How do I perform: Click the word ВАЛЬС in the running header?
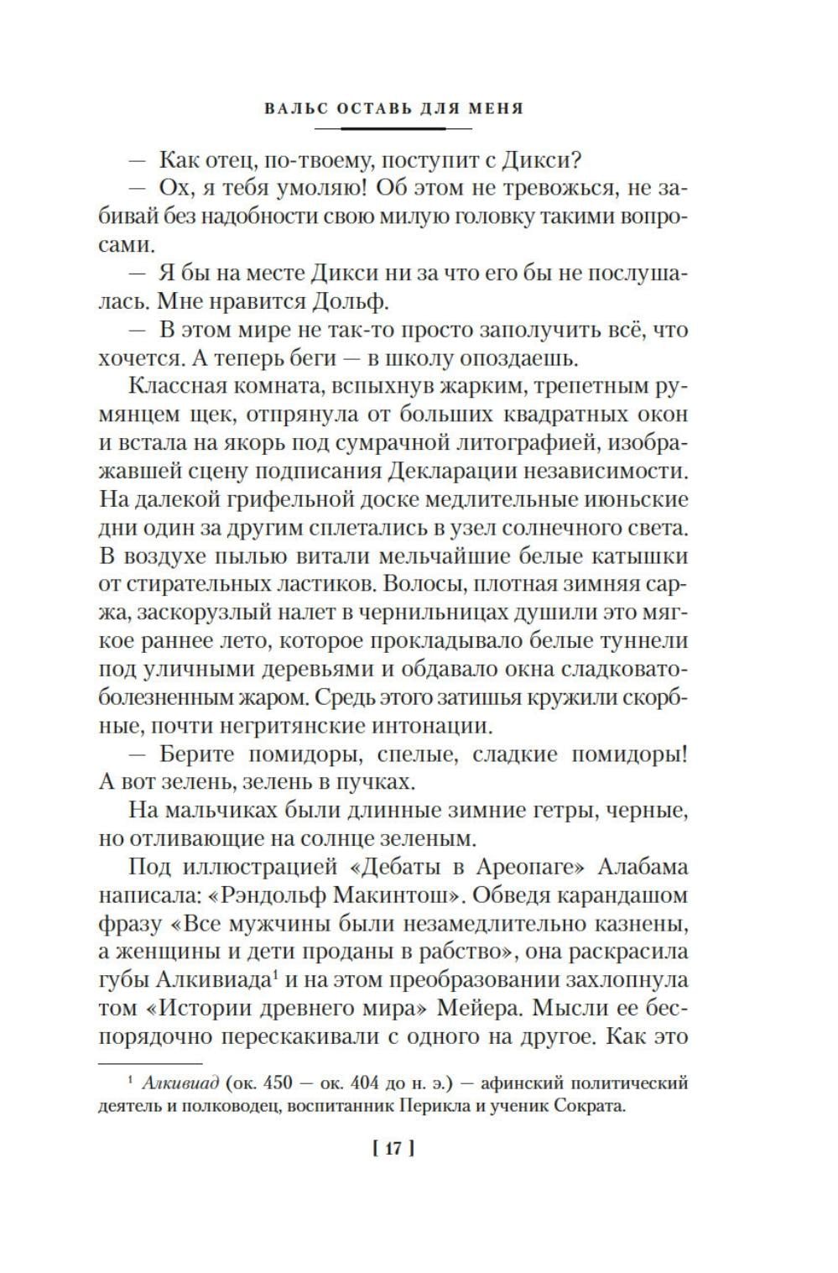289,108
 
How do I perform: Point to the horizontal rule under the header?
393,128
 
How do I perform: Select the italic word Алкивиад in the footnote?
180,1083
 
